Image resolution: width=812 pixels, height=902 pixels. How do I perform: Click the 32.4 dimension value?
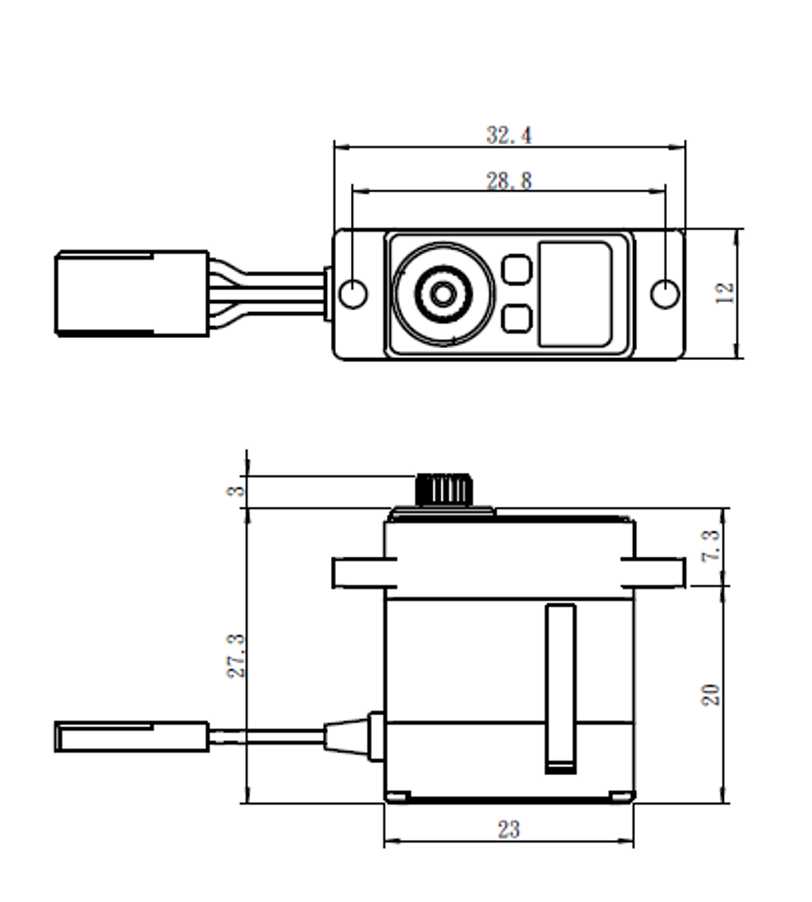[x=508, y=135]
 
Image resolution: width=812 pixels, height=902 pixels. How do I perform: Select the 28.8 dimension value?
[x=508, y=181]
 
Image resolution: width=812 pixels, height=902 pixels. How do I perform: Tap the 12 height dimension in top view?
[x=725, y=292]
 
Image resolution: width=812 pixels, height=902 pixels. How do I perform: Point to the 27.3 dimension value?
[x=237, y=655]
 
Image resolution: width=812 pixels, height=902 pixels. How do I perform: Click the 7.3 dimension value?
[x=711, y=545]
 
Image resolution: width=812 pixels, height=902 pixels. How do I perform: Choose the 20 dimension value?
[x=711, y=694]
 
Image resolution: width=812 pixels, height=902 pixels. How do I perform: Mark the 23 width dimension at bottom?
[x=508, y=829]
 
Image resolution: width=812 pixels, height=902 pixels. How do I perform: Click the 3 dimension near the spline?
[x=237, y=490]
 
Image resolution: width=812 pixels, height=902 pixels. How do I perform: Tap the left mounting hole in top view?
[x=353, y=294]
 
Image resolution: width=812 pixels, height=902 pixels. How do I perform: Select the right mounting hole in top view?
[x=664, y=294]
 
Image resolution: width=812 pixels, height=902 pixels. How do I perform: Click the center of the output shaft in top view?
[x=442, y=294]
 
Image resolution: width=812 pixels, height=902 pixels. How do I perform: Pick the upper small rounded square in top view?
[x=516, y=269]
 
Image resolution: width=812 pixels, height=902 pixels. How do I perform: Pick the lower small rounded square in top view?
[x=516, y=319]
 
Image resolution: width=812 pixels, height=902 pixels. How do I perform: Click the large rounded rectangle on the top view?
[x=575, y=294]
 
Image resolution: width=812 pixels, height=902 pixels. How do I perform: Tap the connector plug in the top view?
[x=132, y=293]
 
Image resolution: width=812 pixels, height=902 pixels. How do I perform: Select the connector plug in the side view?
[x=132, y=736]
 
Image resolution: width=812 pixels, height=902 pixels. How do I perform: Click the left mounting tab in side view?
[x=363, y=572]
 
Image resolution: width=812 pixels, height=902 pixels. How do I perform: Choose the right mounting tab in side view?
[x=653, y=572]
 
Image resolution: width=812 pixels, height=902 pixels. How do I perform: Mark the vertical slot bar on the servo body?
[x=561, y=687]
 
